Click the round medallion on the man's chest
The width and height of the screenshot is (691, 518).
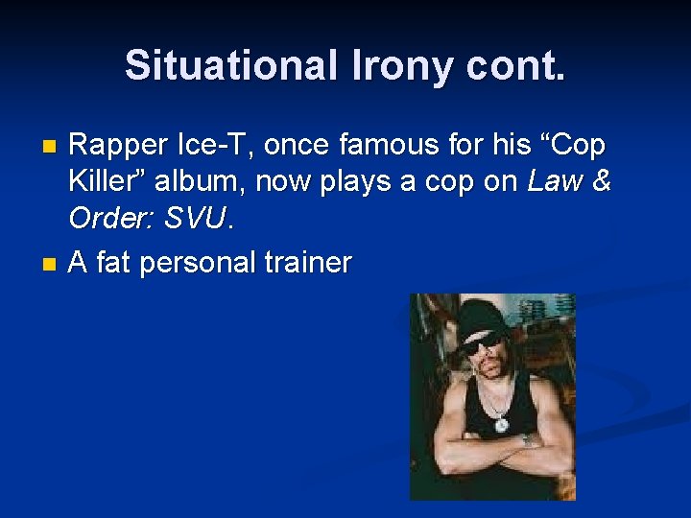[x=501, y=423]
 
